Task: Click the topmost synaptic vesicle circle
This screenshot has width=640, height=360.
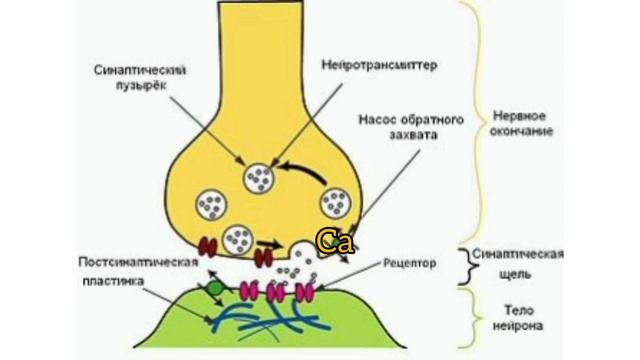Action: click(260, 177)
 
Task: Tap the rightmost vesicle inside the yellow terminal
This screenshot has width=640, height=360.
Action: click(334, 205)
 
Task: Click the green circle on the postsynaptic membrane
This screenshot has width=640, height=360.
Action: click(212, 290)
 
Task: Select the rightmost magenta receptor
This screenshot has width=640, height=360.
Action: click(303, 292)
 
